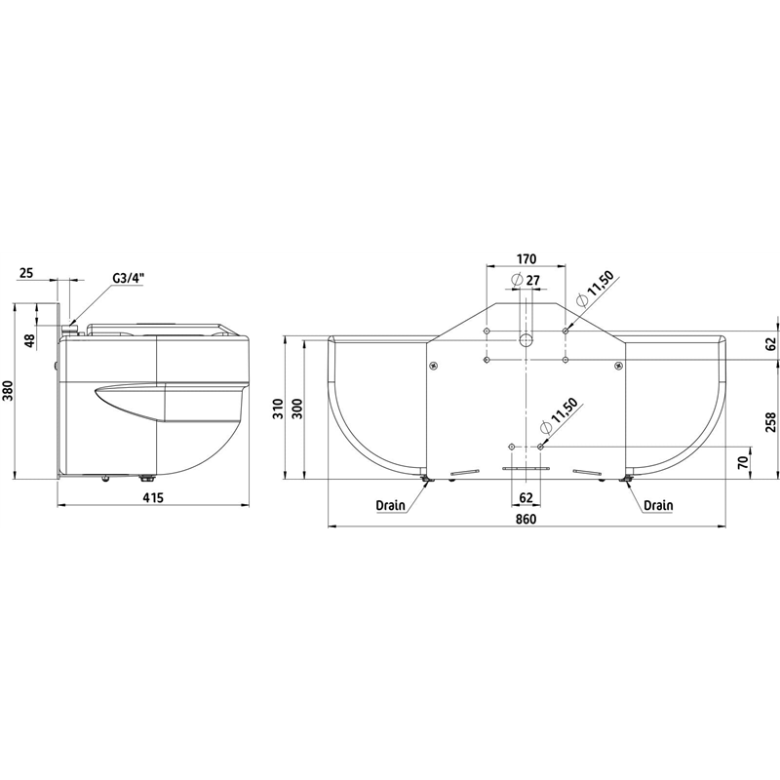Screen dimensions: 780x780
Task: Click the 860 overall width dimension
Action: point(526,519)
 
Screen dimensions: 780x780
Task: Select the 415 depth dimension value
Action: point(153,497)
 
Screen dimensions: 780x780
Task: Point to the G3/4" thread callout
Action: point(128,279)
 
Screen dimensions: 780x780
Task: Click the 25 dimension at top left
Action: point(26,273)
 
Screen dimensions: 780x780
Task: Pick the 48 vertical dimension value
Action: point(29,340)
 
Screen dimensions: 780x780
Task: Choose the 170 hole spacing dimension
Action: point(526,258)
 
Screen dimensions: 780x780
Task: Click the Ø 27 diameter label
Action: point(526,280)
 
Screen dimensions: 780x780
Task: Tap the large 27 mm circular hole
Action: point(526,340)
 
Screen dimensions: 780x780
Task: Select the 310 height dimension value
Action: point(278,409)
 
